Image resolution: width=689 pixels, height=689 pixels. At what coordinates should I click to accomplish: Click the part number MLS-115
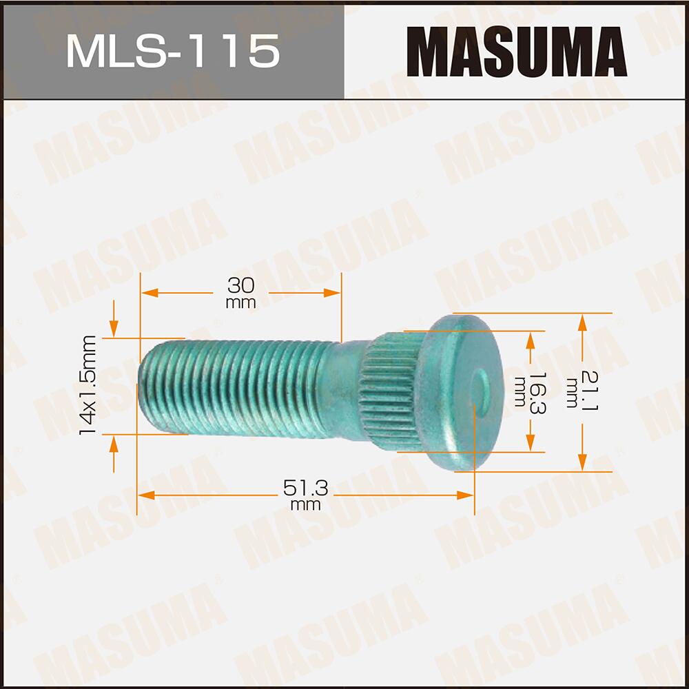point(172,51)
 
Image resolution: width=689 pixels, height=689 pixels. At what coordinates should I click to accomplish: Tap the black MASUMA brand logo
point(516,52)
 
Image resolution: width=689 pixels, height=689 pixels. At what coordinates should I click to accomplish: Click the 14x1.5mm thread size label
point(88,384)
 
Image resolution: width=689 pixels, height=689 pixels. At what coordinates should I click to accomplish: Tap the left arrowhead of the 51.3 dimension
point(143,495)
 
